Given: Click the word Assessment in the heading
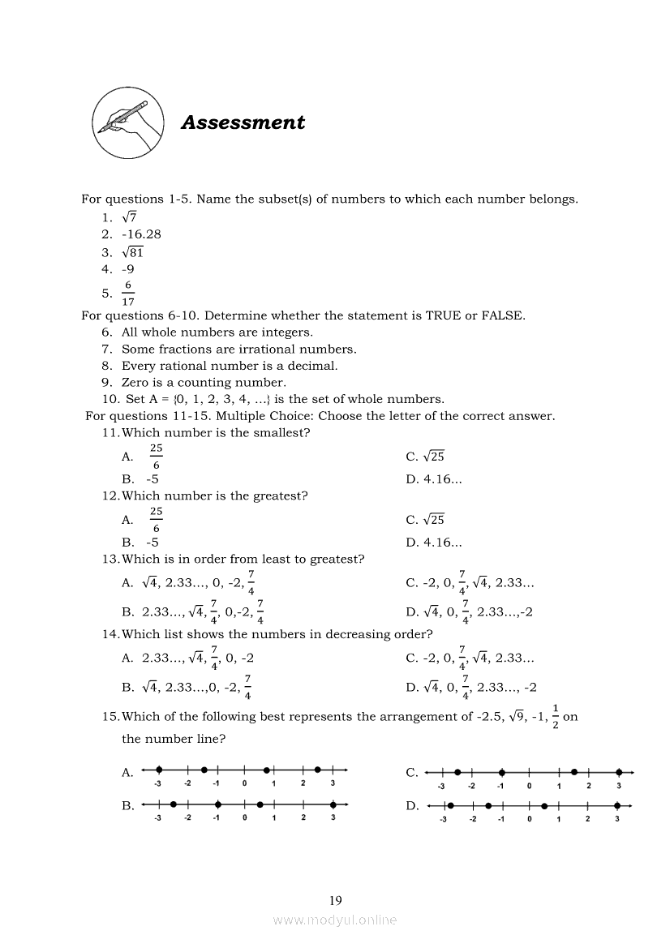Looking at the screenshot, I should [243, 122].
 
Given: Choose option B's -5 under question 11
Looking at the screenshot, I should [152, 478].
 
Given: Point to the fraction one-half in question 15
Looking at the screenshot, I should [555, 716].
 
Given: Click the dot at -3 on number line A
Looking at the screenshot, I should [160, 769].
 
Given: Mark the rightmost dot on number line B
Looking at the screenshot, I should [333, 804].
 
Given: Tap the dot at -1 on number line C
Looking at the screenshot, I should [502, 773].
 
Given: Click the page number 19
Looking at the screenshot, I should [336, 900].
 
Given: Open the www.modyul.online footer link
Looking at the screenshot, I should [335, 920].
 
